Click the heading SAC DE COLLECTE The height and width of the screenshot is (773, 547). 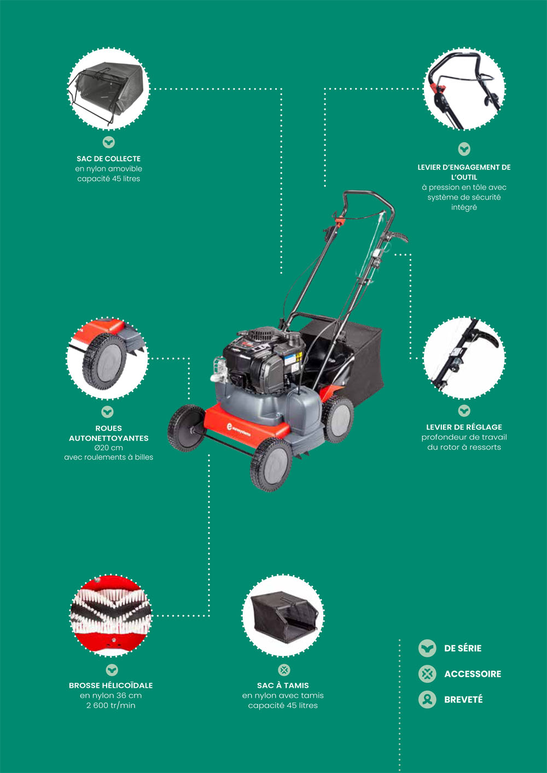108,159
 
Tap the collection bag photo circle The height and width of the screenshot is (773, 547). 108,89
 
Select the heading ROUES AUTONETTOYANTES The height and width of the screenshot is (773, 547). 108,433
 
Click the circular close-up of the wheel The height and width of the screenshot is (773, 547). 107,358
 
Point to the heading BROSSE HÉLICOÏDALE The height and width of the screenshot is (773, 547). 110,685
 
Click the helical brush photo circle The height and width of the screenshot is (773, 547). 111,615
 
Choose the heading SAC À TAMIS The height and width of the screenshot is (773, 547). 283,685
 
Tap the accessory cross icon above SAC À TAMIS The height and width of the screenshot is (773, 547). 284,670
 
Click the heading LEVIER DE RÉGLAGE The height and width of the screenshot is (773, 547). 464,427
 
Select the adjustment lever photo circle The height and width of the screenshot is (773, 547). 464,358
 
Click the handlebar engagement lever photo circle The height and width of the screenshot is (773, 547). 464,89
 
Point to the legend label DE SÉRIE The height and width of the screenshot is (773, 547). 463,648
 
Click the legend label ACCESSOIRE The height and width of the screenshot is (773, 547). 473,674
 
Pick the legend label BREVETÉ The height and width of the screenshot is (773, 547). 463,700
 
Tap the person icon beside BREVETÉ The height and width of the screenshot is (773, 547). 427,699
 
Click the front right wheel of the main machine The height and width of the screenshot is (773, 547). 271,464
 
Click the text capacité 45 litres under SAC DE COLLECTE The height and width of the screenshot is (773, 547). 108,179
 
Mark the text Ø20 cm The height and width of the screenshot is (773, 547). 108,447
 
